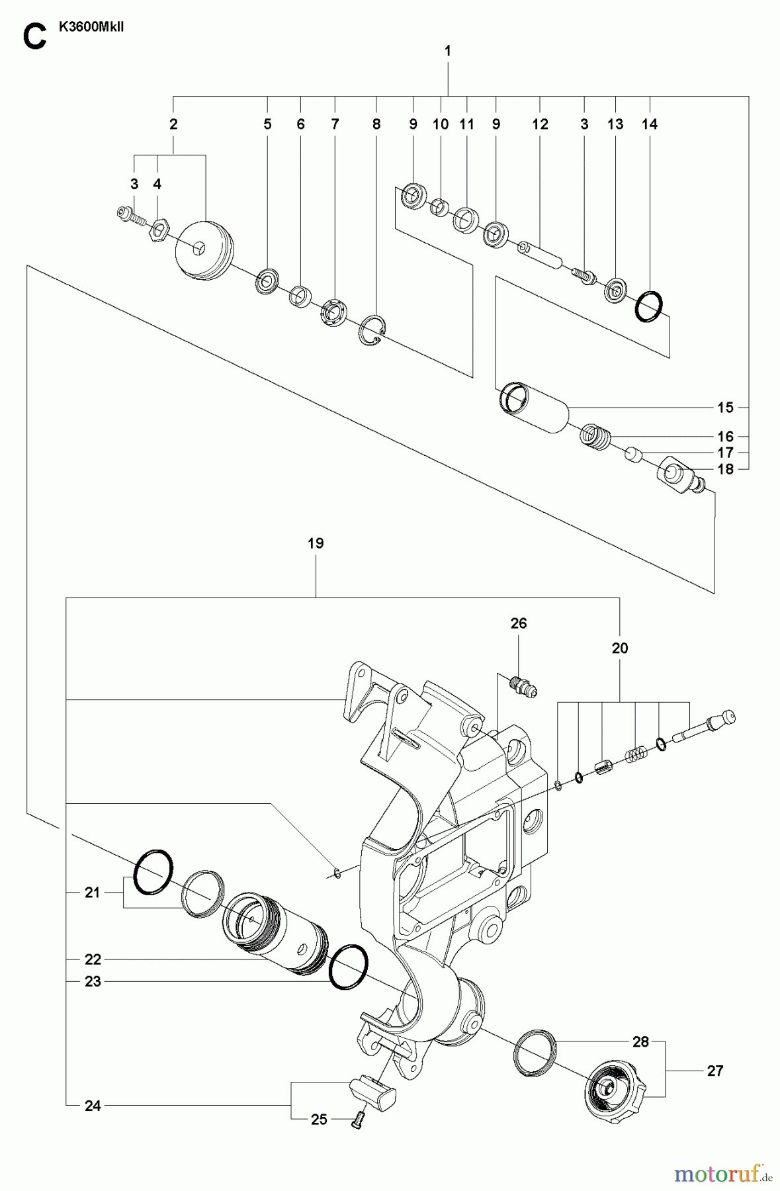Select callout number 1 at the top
pyautogui.click(x=448, y=50)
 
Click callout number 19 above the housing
pyautogui.click(x=316, y=543)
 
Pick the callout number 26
pyautogui.click(x=518, y=623)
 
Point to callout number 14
pyautogui.click(x=649, y=124)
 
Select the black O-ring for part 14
pyautogui.click(x=648, y=307)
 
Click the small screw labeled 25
pyautogui.click(x=358, y=1120)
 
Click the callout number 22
pyautogui.click(x=93, y=959)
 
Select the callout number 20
pyautogui.click(x=619, y=648)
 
